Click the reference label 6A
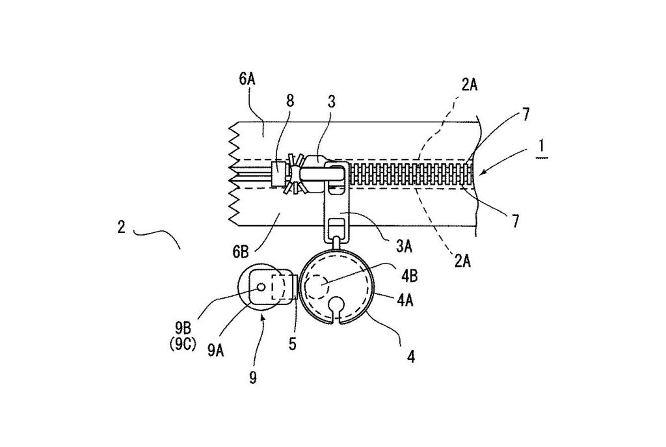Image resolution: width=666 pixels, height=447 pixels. pos(247,79)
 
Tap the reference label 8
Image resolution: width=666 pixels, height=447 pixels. pos(290,101)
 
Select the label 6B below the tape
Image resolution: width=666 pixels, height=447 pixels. pos(241,252)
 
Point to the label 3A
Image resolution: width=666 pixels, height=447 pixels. pos(404,247)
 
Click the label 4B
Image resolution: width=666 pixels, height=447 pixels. pos(410,276)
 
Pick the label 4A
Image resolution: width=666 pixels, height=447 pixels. pos(405,301)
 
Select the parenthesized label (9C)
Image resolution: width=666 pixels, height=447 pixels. pos(183,344)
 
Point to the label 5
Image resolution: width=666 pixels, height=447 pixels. pos(293,344)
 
